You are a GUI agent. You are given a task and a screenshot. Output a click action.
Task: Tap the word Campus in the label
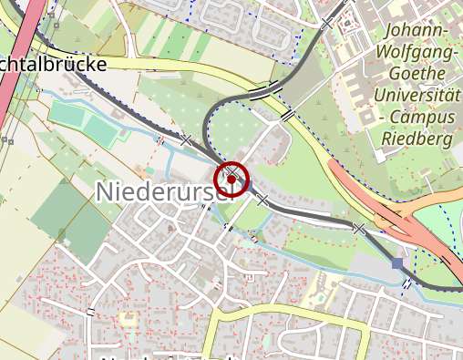click(426, 117)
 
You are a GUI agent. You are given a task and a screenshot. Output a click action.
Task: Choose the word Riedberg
click(420, 139)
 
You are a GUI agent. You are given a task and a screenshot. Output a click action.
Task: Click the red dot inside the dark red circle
click(232, 180)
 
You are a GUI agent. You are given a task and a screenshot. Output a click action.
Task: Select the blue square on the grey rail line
click(396, 263)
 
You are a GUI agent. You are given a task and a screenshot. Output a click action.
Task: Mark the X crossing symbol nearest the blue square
click(359, 228)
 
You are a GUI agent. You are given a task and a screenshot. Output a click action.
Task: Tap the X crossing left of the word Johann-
click(326, 23)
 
